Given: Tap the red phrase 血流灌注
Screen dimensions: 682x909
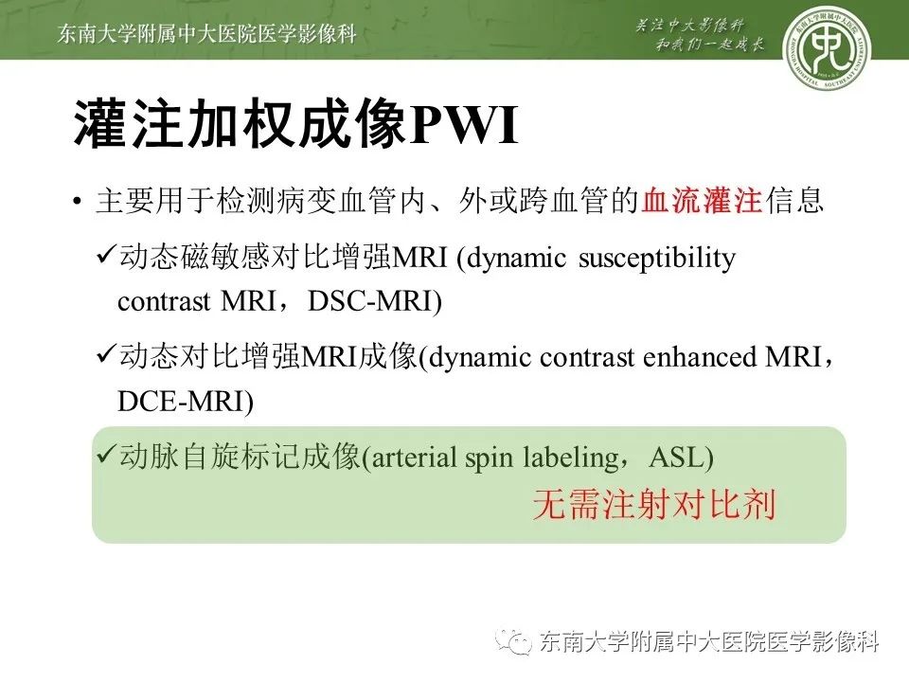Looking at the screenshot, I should pos(702,202).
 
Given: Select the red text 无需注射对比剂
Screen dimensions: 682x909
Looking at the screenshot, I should pos(654,504).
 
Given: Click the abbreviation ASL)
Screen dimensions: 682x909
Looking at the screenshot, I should pos(681,458).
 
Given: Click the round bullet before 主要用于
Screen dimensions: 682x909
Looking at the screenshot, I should pos(77,204).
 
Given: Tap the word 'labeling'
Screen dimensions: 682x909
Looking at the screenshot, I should pos(569,458).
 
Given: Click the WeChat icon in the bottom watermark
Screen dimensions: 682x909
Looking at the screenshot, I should pos(519,641).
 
